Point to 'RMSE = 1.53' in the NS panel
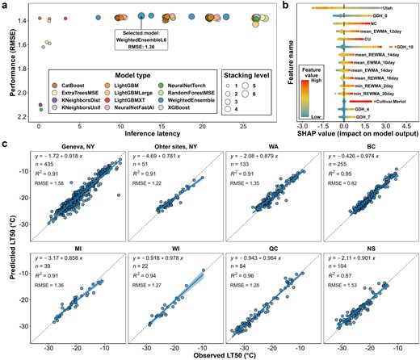coord(321,279)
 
